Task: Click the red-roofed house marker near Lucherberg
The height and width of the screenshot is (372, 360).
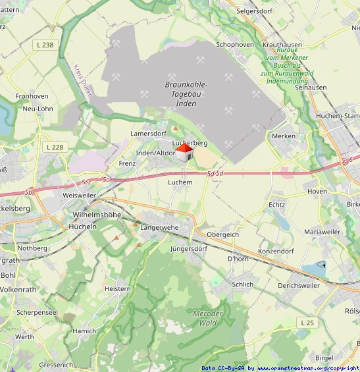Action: point(184,154)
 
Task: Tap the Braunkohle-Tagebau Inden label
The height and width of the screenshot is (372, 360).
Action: point(186,94)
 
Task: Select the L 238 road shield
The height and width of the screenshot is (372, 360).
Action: point(45,44)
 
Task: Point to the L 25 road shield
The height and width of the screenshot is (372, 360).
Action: point(307,323)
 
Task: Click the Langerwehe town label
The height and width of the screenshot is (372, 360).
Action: point(159,227)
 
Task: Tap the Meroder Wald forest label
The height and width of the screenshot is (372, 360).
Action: point(209,318)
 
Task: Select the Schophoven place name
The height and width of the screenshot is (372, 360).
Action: point(235,44)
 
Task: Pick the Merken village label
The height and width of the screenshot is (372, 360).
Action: point(284,136)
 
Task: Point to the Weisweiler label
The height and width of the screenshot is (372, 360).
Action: point(79,196)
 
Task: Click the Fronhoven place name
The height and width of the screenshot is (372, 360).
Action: point(32,96)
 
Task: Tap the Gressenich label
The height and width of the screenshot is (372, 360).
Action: point(56,364)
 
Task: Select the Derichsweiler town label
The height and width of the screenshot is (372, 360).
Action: point(298,285)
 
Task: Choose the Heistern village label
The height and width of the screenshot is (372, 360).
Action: point(118,288)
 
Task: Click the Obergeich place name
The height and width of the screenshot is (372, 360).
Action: point(222,234)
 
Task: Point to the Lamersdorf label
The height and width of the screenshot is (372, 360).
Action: point(148,133)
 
